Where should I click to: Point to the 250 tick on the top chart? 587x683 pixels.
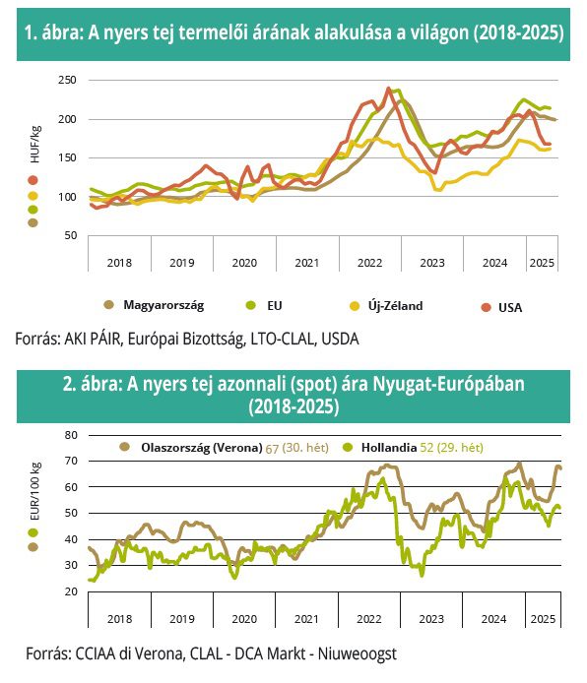pyautogui.click(x=67, y=80)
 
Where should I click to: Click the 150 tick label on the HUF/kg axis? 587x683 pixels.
pyautogui.click(x=67, y=157)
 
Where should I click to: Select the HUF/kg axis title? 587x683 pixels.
pyautogui.click(x=34, y=145)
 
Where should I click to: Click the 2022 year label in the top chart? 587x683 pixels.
pyautogui.click(x=369, y=263)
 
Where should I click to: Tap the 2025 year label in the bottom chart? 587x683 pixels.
pyautogui.click(x=543, y=619)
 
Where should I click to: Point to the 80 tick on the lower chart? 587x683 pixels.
pyautogui.click(x=71, y=435)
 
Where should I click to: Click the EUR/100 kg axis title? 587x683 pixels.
pyautogui.click(x=34, y=491)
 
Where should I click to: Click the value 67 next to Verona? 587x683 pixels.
pyautogui.click(x=272, y=448)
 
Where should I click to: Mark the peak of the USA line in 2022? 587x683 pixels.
pyautogui.click(x=388, y=89)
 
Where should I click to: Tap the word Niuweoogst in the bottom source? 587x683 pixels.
pyautogui.click(x=357, y=653)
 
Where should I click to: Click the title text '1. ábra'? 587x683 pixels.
pyautogui.click(x=53, y=32)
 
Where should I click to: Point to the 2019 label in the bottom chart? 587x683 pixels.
pyautogui.click(x=182, y=619)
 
